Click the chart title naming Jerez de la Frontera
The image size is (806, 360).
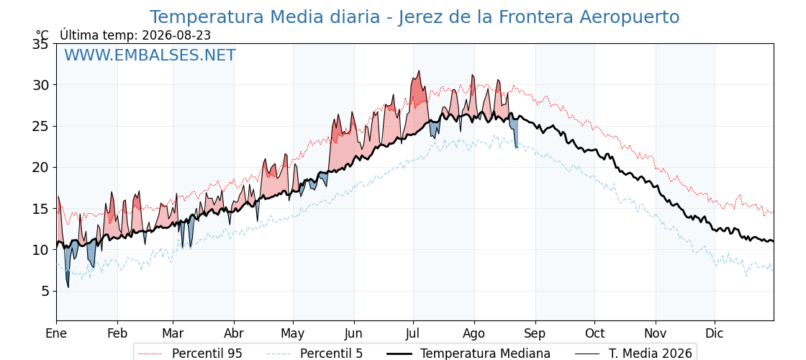pos(415,17)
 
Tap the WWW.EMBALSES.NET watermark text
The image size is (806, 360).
pos(150,55)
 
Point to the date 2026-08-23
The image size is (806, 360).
pos(176,35)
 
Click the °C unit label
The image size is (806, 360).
pos(42,35)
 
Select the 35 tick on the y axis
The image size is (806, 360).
pos(40,44)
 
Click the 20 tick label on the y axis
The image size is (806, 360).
pos(40,168)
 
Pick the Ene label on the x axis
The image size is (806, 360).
pos(56,333)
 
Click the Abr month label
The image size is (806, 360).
pos(234,333)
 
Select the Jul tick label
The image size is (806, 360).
pos(413,333)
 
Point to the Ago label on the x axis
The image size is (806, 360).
pos(474,333)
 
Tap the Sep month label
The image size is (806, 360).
pos(535,333)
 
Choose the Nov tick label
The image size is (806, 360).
pos(656,333)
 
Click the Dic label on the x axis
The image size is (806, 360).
pos(715,333)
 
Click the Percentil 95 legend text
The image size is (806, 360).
pos(207,354)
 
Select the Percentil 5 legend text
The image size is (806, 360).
pos(331,354)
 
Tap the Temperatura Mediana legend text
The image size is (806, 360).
pos(485,354)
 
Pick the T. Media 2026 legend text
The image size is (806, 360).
pos(651,354)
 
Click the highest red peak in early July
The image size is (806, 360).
pos(419,71)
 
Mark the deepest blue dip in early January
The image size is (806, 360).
pos(68,287)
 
